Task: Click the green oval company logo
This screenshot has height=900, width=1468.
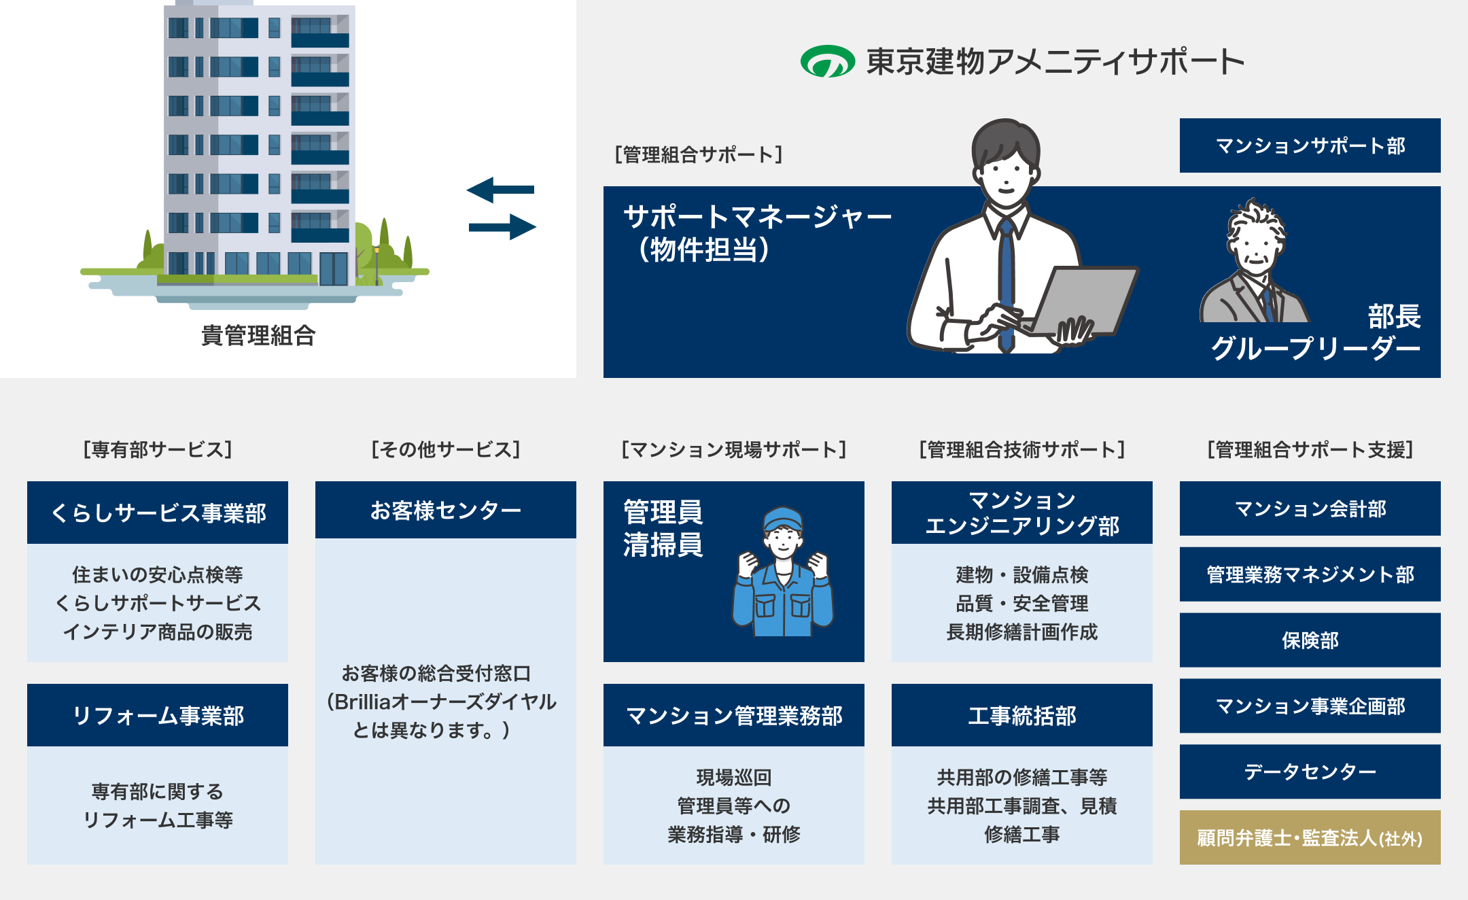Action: click(827, 61)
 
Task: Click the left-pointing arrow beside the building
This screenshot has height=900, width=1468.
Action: click(500, 190)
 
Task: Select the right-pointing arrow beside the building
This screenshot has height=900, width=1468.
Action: click(502, 226)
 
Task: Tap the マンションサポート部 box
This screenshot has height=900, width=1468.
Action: click(1310, 145)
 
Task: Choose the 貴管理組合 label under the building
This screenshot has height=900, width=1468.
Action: click(258, 336)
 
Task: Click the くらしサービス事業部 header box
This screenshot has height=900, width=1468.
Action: click(158, 513)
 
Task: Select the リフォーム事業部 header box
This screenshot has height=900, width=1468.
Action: click(158, 715)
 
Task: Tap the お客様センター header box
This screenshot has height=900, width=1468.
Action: click(446, 510)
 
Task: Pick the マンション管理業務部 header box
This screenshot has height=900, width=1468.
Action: click(734, 715)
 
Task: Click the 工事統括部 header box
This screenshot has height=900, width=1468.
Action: click(1022, 715)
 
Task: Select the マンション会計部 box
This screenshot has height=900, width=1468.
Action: click(1310, 508)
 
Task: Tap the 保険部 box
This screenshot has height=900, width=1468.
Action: click(1310, 640)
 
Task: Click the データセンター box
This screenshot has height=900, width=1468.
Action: click(1310, 772)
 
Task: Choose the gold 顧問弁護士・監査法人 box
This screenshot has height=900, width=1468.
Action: click(1310, 837)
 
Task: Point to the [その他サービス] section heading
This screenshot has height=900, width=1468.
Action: click(446, 449)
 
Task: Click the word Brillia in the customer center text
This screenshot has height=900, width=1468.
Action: click(363, 702)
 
